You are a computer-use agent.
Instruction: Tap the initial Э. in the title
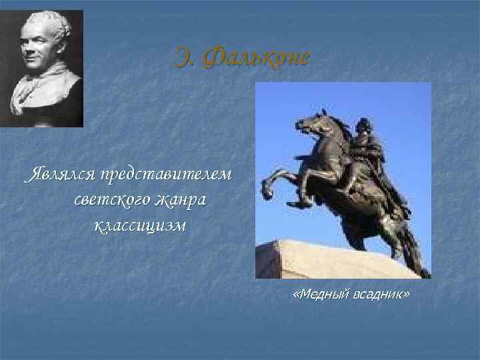(184, 58)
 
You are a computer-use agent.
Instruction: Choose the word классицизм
(141, 225)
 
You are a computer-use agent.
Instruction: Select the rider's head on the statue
(363, 126)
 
